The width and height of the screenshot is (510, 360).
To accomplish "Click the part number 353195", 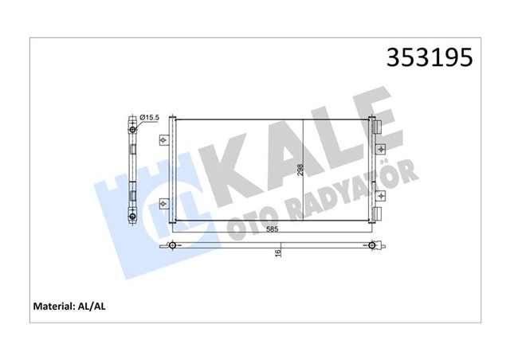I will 430,58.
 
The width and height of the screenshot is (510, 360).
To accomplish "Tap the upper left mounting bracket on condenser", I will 165,141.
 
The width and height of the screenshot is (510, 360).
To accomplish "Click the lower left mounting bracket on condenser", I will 165,204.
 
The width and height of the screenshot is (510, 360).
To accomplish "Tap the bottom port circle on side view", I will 132,217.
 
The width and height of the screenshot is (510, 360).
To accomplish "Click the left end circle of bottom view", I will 171,245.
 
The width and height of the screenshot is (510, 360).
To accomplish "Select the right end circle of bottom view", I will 371,245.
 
